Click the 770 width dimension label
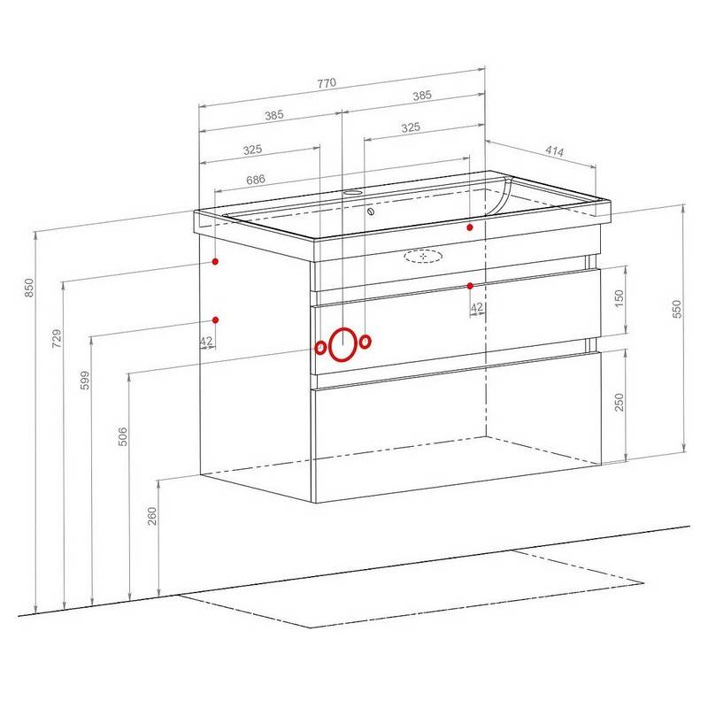[x=327, y=83]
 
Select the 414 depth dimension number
[x=555, y=150]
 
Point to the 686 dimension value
[x=256, y=180]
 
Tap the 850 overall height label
[x=29, y=288]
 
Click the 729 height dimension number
[x=57, y=338]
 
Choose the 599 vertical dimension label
[x=85, y=381]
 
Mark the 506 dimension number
[x=123, y=436]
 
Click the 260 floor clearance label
[x=152, y=516]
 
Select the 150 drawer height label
[x=619, y=298]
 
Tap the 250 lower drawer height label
[x=619, y=402]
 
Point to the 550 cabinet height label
[x=677, y=309]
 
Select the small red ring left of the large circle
[x=320, y=348]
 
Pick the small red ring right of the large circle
[x=366, y=342]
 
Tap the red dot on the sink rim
[x=470, y=227]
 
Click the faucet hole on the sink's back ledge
[x=353, y=192]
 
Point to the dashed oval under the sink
[x=423, y=256]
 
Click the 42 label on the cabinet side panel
[x=206, y=341]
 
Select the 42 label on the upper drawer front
[x=477, y=307]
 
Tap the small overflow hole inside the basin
[x=371, y=212]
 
